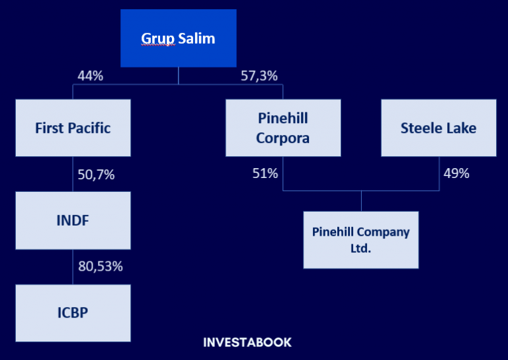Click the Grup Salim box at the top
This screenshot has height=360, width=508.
click(179, 38)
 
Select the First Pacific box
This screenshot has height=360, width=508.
click(73, 128)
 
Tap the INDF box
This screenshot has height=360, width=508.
click(73, 220)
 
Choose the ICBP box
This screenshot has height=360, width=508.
click(73, 313)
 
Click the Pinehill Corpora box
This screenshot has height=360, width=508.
click(282, 128)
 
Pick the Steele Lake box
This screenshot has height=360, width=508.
click(438, 128)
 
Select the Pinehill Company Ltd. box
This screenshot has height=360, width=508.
click(360, 240)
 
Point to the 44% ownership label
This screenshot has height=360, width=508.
click(90, 76)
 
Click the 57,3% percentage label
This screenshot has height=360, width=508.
click(259, 76)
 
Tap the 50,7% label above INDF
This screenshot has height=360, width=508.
click(96, 175)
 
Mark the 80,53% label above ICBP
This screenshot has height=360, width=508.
click(101, 267)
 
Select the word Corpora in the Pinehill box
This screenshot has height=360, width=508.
click(282, 138)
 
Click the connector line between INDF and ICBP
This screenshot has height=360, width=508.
click(73, 267)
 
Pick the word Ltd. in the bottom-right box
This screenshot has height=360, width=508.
click(360, 248)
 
